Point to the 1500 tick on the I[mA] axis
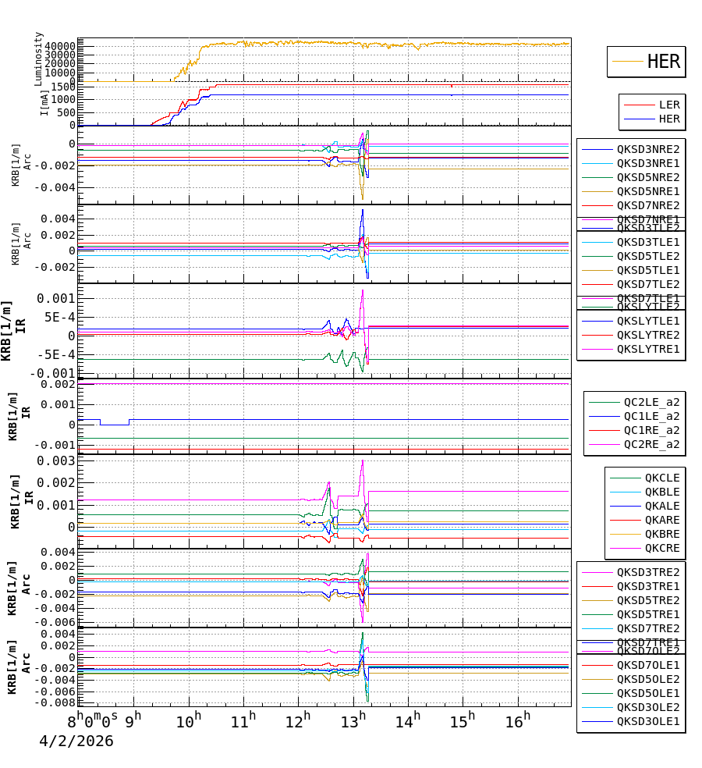[63, 87]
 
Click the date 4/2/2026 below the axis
[76, 741]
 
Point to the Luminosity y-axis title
[38, 58]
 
